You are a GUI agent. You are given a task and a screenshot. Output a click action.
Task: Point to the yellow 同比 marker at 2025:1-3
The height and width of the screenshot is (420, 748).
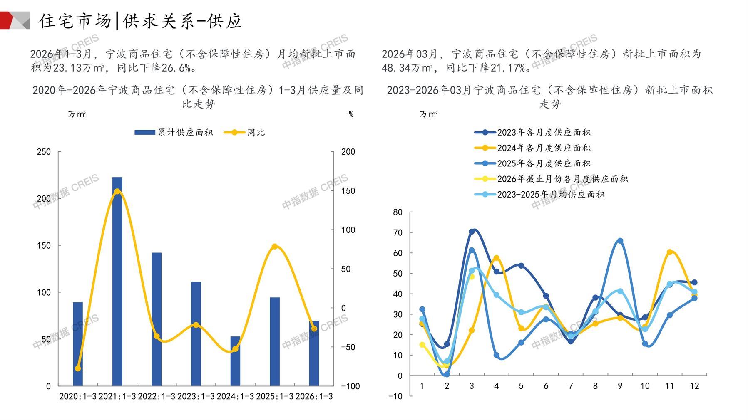pyautogui.click(x=274, y=247)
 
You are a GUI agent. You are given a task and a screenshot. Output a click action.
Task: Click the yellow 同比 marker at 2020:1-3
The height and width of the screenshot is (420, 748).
pyautogui.click(x=78, y=368)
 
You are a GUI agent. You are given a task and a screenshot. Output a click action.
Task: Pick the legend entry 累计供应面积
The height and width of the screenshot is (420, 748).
pyautogui.click(x=174, y=133)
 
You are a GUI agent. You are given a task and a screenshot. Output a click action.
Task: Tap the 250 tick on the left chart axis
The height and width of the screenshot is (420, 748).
pyautogui.click(x=44, y=152)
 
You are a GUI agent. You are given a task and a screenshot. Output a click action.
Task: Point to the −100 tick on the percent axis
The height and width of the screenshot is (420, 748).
pyautogui.click(x=350, y=386)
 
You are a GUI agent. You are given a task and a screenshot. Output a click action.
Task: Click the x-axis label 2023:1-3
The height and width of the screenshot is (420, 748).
pyautogui.click(x=196, y=397)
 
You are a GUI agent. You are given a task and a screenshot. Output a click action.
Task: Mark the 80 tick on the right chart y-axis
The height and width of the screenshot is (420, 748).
pyautogui.click(x=398, y=212)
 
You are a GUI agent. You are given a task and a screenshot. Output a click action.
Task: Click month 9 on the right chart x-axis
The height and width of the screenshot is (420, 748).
pyautogui.click(x=620, y=386)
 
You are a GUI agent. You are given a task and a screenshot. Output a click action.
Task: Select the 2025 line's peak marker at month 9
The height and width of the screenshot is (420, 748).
pyautogui.click(x=620, y=241)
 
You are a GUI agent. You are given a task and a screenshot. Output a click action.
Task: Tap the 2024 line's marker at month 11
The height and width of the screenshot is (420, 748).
pyautogui.click(x=669, y=252)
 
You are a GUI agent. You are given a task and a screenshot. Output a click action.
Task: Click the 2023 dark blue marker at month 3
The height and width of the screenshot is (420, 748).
pyautogui.click(x=472, y=232)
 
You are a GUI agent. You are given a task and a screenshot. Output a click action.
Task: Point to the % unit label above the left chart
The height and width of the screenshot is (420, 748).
pyautogui.click(x=351, y=114)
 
